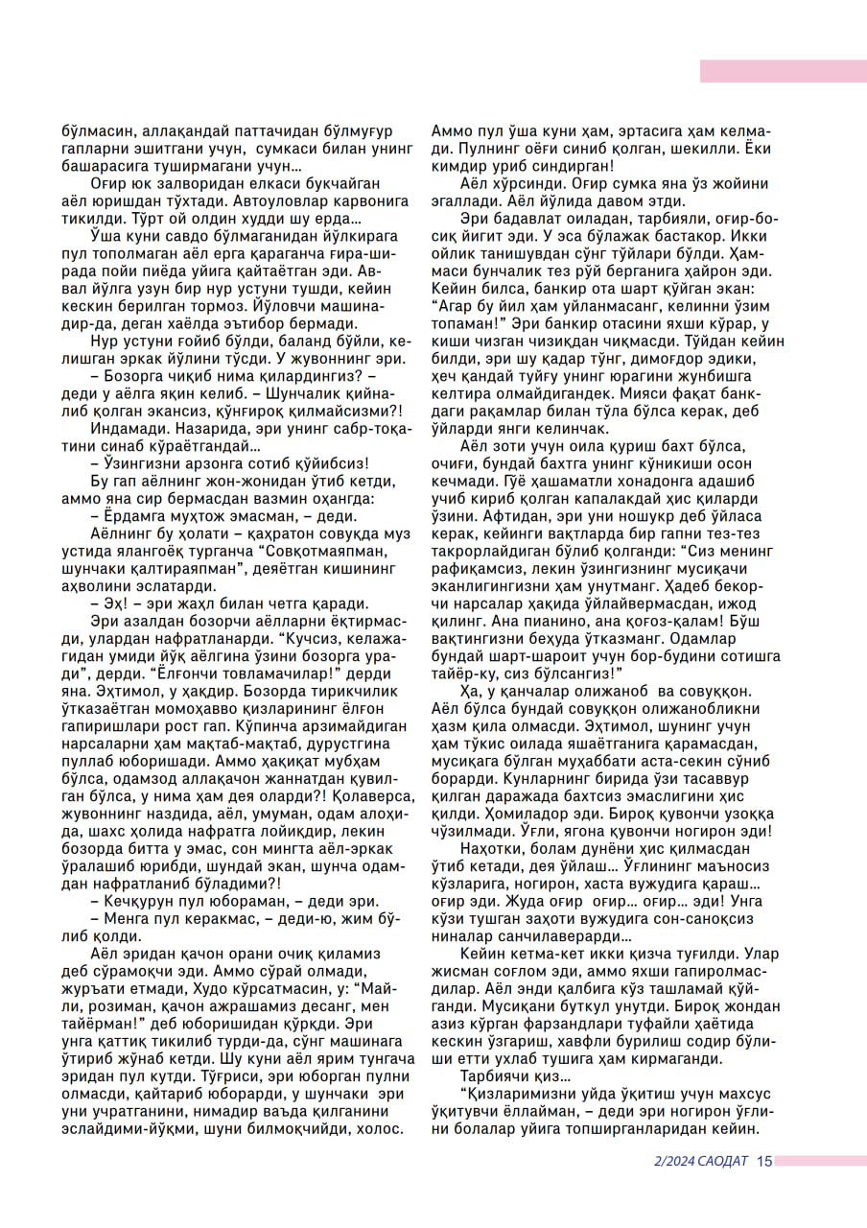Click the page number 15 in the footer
click(763, 1161)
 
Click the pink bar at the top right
click(783, 71)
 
